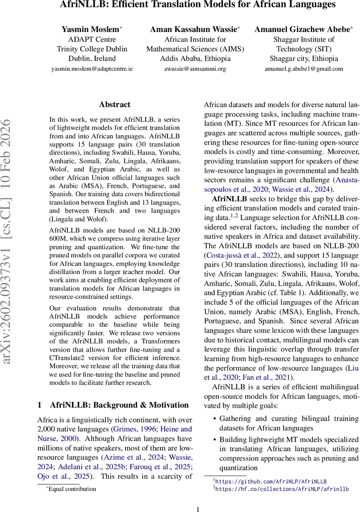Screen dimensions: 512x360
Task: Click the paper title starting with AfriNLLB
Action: point(180,5)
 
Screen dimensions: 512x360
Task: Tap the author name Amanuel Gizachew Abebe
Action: point(304,29)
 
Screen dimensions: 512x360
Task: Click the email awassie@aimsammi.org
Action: point(195,68)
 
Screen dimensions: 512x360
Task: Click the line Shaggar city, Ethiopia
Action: point(304,58)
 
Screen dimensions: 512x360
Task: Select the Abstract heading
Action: point(114,105)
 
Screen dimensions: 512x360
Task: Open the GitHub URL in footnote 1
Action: point(271,481)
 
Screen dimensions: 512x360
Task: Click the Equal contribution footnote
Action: point(72,489)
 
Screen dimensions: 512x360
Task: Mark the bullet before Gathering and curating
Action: point(215,419)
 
